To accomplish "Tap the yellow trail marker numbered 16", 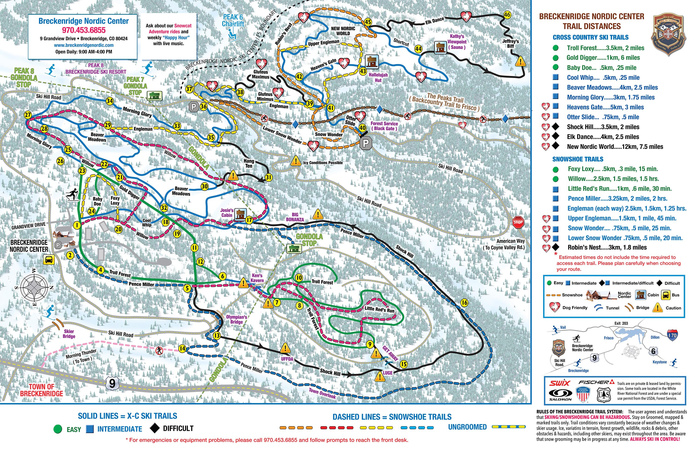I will (464, 302).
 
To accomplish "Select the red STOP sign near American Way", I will (518, 222).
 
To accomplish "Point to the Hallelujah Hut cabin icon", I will (372, 61).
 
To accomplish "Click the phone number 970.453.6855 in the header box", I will (84, 30).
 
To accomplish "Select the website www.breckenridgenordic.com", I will (84, 45).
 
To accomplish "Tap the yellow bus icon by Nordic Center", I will (49, 260).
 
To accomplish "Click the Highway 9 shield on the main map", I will (112, 383).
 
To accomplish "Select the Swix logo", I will (560, 383).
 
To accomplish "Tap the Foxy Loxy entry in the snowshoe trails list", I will (613, 169).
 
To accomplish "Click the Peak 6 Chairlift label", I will (233, 20).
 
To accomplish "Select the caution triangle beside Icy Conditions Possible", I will (296, 161).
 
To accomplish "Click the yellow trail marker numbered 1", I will (77, 225).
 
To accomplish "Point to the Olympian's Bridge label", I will (236, 319).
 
